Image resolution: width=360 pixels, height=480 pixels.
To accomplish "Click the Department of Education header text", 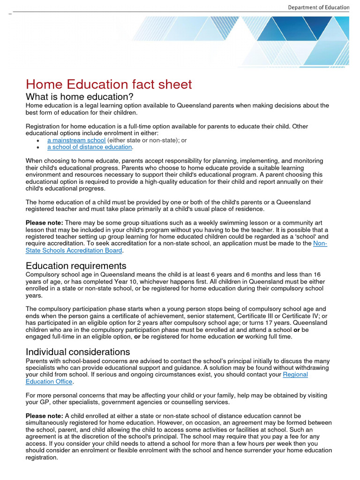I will [318, 7].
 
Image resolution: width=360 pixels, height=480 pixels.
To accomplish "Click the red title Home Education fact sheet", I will [109, 84].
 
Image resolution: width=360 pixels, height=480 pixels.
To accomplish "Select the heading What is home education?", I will [80, 97].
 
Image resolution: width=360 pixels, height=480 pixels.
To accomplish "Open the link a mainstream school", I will [76, 140].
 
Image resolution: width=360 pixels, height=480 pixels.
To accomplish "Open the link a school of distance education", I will [90, 147].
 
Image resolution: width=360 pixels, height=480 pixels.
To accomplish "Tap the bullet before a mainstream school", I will [37, 141].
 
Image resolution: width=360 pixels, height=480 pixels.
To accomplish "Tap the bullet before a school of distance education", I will [37, 148].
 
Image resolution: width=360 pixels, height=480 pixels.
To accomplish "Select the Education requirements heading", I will [76, 266].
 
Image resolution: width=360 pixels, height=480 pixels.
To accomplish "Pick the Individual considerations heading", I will [78, 352].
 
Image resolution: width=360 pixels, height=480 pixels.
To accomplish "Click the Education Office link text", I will [49, 382].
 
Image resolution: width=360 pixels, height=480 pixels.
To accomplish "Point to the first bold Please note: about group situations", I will [44, 223].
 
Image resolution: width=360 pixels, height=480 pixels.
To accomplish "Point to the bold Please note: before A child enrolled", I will [44, 416].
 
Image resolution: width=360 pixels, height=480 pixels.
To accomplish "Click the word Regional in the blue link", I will [295, 375].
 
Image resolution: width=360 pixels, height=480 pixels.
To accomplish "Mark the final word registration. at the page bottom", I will [42, 457].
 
